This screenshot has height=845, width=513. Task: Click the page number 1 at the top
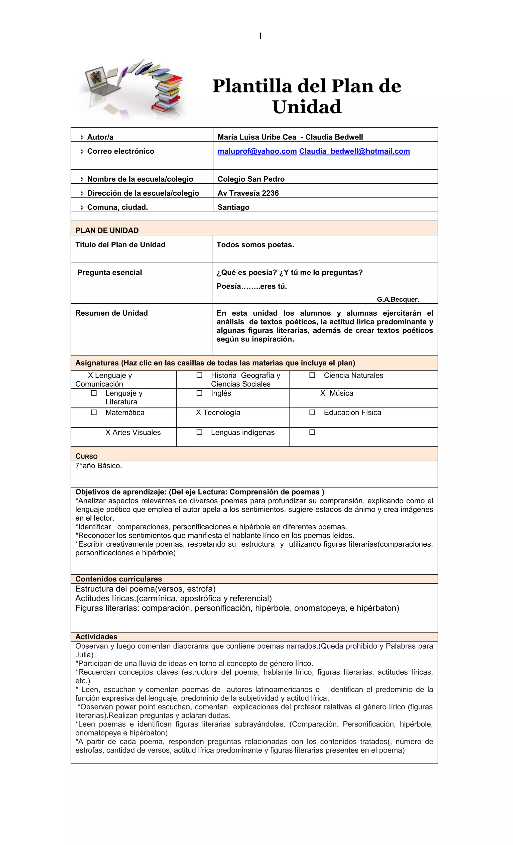tap(260, 36)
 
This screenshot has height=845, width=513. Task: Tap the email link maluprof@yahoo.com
tap(257, 151)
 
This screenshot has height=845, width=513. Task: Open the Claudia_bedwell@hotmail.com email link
tap(354, 151)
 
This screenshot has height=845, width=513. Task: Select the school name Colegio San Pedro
tap(251, 179)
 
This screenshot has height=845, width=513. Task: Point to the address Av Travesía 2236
tap(248, 193)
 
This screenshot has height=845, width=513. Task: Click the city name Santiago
tap(233, 207)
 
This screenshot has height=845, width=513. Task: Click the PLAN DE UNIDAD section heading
tap(107, 230)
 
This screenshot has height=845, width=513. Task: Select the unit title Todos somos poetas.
tap(255, 245)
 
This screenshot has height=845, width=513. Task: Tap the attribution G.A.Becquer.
tap(398, 299)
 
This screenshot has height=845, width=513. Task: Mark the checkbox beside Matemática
tap(94, 412)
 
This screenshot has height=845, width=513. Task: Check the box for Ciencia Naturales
tap(312, 375)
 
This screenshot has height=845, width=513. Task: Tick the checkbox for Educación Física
tap(312, 412)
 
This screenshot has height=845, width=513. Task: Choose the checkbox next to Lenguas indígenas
tap(199, 432)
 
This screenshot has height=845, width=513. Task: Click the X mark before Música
tap(323, 393)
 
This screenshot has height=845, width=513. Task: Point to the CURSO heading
tap(86, 456)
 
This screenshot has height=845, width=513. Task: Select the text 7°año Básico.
tap(98, 465)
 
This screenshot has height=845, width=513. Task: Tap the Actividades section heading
tap(96, 637)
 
